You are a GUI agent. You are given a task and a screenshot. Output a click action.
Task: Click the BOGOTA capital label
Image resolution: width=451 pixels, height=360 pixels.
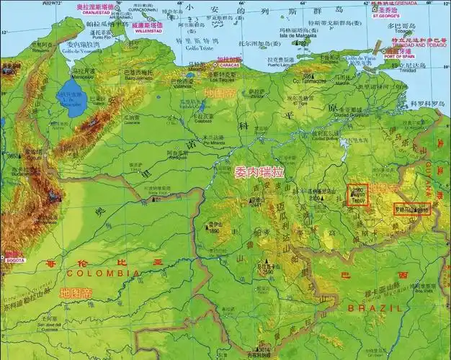14,258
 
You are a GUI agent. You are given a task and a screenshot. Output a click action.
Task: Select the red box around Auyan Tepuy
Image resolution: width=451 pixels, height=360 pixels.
357,194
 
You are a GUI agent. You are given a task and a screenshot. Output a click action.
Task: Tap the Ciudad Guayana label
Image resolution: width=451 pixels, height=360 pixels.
331,114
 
